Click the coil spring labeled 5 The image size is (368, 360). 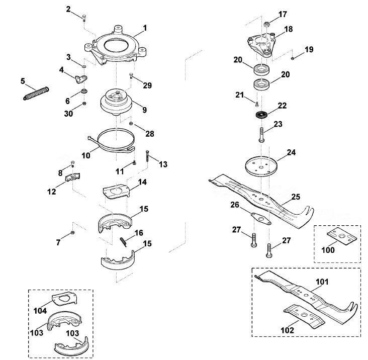click(36, 93)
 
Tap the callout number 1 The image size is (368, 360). click(145, 28)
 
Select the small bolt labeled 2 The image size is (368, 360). click(84, 18)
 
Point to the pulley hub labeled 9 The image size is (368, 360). click(117, 102)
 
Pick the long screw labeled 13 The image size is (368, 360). click(147, 155)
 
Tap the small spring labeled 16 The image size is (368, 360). click(124, 242)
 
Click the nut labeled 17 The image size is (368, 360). click(266, 24)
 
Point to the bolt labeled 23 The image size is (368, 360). click(262, 134)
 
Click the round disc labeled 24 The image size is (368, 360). click(261, 166)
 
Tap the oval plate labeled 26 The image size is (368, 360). click(261, 219)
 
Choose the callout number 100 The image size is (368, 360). click(328, 250)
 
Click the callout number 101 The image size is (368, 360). click(322, 282)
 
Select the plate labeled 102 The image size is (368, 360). click(304, 316)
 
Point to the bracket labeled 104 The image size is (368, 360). click(64, 299)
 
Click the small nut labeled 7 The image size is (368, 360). click(72, 233)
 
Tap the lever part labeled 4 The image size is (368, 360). click(81, 79)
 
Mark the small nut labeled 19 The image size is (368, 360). click(293, 58)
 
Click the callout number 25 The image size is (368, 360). click(296, 197)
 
